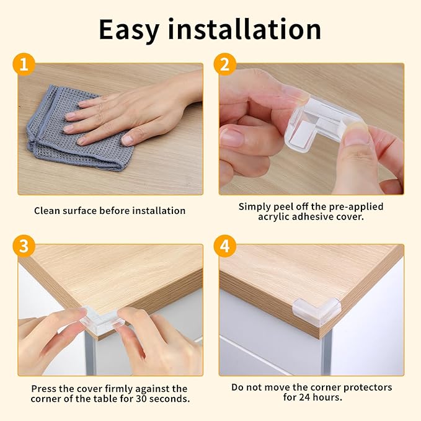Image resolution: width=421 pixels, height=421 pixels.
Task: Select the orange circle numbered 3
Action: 24,246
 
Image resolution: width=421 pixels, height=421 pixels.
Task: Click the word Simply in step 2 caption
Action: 255,206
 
